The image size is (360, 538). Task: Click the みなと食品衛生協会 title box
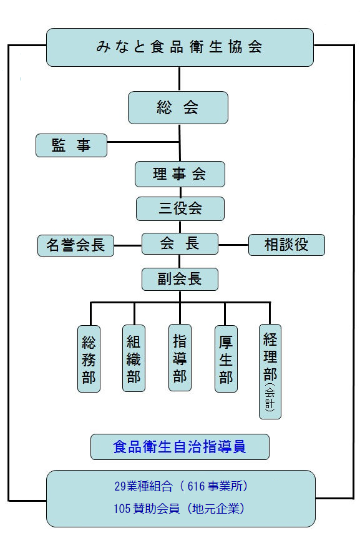click(x=180, y=47)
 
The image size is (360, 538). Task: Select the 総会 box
click(x=178, y=107)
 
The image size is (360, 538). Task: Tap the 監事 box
click(x=71, y=145)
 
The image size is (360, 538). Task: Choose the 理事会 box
click(x=180, y=174)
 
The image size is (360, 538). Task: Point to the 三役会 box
click(x=180, y=208)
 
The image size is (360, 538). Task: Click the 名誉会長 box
click(x=75, y=245)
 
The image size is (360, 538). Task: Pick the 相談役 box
click(x=286, y=245)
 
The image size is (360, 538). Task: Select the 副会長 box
click(x=180, y=279)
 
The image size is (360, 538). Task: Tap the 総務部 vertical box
click(x=89, y=359)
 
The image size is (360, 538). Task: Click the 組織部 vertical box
click(x=134, y=358)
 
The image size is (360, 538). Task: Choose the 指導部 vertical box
click(x=180, y=358)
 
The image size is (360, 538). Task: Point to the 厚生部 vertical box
click(x=226, y=359)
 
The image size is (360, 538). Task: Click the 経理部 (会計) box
click(x=270, y=371)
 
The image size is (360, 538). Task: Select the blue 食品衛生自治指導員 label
click(x=180, y=447)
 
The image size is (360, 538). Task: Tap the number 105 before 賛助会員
click(x=122, y=509)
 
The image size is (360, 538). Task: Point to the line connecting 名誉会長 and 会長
click(x=127, y=246)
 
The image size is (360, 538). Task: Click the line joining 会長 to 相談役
click(x=233, y=245)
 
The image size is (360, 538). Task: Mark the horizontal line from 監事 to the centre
click(x=144, y=142)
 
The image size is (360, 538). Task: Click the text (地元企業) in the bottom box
click(x=216, y=509)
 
